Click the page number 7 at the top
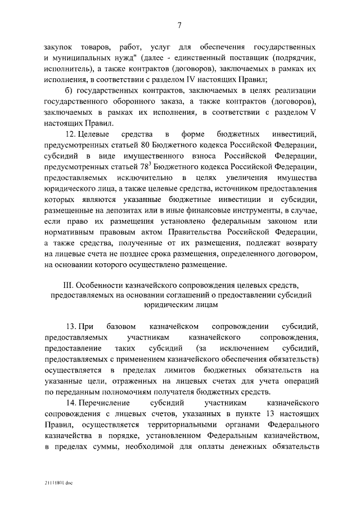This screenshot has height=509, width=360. tap(179, 25)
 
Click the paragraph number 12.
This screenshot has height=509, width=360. tap(71, 134)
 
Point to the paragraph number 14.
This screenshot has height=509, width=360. tap(71, 403)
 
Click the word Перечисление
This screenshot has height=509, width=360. tap(103, 403)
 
